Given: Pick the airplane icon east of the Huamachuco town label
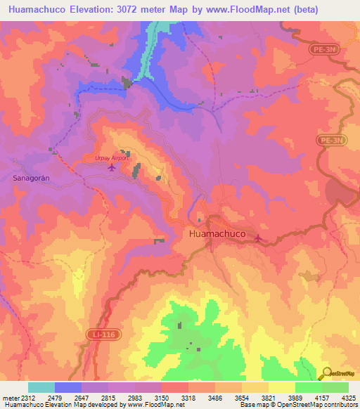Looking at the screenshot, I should point(260,238).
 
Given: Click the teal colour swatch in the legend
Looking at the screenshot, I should point(41,387).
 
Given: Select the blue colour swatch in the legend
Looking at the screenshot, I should point(68,387).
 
